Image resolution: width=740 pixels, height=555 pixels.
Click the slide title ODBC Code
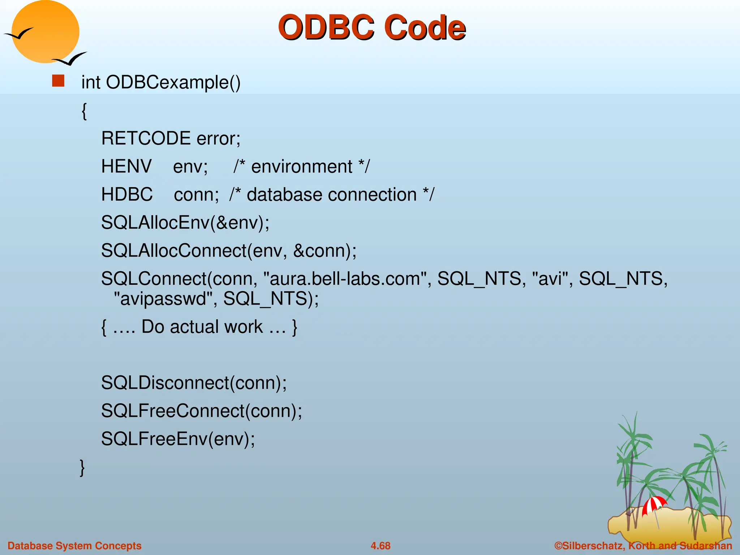click(371, 27)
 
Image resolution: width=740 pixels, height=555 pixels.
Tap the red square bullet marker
click(58, 81)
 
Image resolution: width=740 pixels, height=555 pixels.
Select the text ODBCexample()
click(173, 82)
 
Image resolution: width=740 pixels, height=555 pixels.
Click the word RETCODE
click(146, 138)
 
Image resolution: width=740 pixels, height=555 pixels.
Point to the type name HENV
click(126, 167)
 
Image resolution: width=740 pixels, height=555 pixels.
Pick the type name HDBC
click(127, 194)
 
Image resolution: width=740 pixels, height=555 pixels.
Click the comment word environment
click(301, 167)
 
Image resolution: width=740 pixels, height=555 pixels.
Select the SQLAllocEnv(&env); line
click(185, 222)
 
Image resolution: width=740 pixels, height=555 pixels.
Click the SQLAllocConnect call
click(228, 250)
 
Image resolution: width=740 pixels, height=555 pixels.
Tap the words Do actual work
click(202, 327)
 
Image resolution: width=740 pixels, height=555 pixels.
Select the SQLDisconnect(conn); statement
click(194, 383)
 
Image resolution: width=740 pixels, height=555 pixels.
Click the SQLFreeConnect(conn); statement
click(201, 411)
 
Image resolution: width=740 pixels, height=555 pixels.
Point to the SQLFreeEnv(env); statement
click(178, 439)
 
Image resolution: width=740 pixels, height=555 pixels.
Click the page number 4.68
click(380, 546)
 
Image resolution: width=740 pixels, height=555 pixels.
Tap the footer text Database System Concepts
click(74, 546)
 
